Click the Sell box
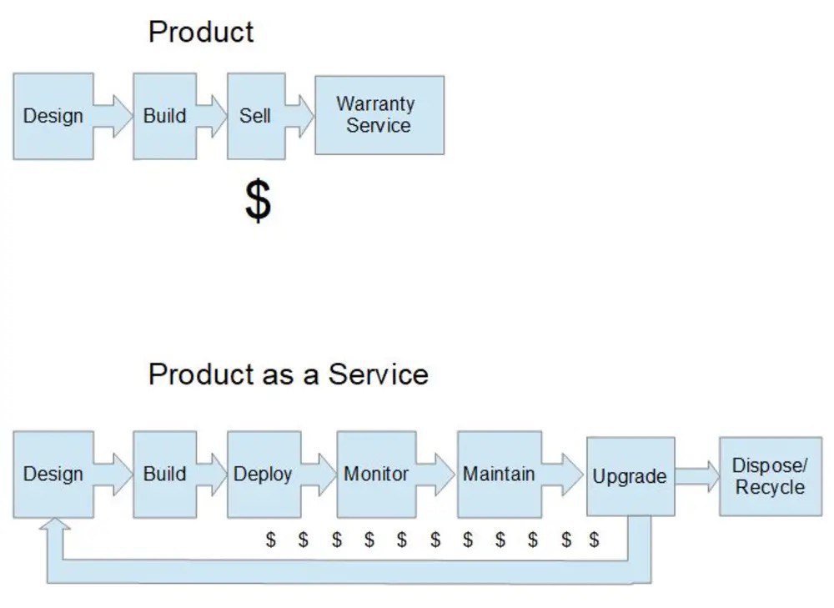(256, 116)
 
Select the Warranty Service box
(379, 115)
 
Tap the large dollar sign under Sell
(258, 200)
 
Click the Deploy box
(264, 474)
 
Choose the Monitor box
(376, 474)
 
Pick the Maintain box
(499, 474)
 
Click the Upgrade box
(631, 476)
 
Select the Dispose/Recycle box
(770, 476)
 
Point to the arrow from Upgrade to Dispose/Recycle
(697, 476)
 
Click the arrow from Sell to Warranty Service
(300, 116)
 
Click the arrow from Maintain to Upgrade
(563, 474)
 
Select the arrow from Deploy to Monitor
(319, 474)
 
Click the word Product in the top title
(201, 32)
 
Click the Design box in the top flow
(53, 116)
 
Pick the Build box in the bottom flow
(165, 474)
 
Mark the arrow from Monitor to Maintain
(435, 474)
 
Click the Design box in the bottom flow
(53, 474)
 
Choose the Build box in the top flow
(165, 116)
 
